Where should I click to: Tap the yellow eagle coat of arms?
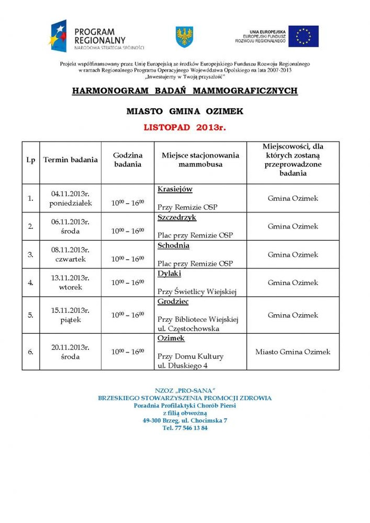point(184,37)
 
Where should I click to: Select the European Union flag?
point(303,36)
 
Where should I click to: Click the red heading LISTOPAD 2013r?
point(185,128)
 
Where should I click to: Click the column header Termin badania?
point(70,160)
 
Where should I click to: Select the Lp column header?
point(31,160)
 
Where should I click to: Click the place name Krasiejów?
point(175,189)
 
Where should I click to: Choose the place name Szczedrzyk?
point(177,217)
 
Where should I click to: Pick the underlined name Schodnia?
point(173,245)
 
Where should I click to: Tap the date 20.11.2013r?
point(70,347)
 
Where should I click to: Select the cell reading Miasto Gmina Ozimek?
point(293,352)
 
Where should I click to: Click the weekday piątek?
point(70,320)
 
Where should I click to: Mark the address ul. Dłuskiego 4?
point(182,366)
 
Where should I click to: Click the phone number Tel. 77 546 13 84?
point(185,428)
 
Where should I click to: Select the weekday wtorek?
point(70,288)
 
